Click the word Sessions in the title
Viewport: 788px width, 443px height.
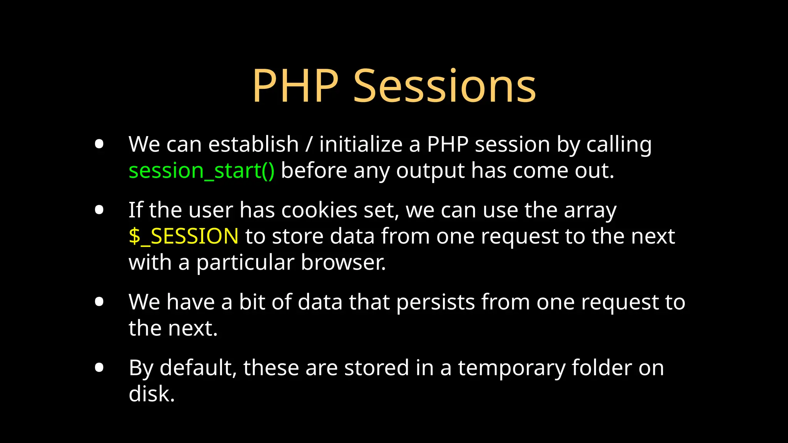pyautogui.click(x=444, y=86)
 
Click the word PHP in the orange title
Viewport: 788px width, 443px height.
pyautogui.click(x=295, y=86)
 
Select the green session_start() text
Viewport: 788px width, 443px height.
pyautogui.click(x=202, y=171)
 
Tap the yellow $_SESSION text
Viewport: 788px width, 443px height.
pyautogui.click(x=184, y=236)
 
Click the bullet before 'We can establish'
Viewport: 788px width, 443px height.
pyautogui.click(x=99, y=144)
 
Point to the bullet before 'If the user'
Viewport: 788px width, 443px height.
pyautogui.click(x=99, y=210)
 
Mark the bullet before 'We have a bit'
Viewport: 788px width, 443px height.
pyautogui.click(x=99, y=301)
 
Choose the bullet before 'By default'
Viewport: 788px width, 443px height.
pyautogui.click(x=99, y=367)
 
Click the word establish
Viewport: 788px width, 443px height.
pyautogui.click(x=253, y=145)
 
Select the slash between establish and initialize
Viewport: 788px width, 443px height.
pyautogui.click(x=309, y=145)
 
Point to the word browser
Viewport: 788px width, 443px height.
pyautogui.click(x=343, y=263)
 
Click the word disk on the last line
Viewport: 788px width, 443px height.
pyautogui.click(x=151, y=394)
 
